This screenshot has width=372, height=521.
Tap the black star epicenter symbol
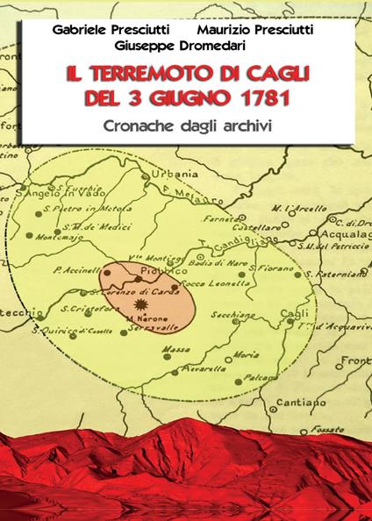point(138,303)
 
